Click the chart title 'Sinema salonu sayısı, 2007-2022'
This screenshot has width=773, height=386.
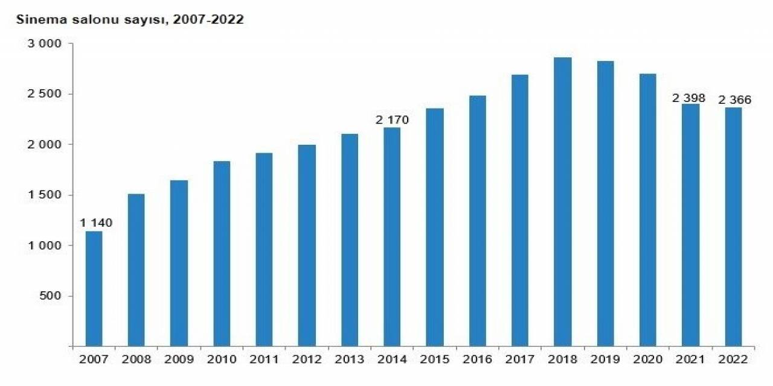coord(130,20)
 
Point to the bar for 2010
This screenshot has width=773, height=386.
coord(222,253)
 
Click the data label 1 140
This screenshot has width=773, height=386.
coord(96,223)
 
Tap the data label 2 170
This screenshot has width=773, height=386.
coord(392,120)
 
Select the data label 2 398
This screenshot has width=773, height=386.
coord(688,98)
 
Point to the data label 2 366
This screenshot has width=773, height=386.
coord(735,100)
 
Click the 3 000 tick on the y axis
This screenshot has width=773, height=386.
coord(45,44)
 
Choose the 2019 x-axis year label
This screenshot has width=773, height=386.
coord(606,359)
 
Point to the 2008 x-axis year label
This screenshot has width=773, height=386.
coord(136,359)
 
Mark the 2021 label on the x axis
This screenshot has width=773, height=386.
coord(691,359)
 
